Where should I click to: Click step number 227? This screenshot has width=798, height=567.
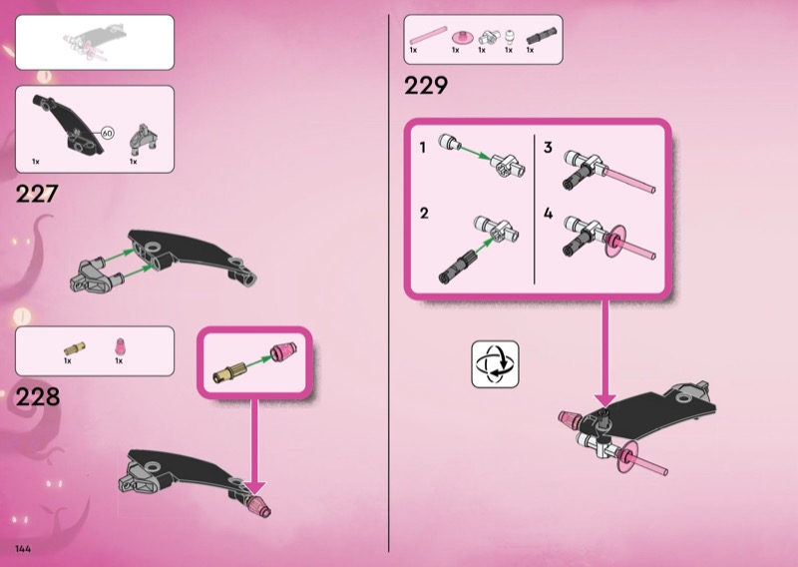(37, 194)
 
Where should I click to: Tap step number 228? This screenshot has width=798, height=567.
(38, 397)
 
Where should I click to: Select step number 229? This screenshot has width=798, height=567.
(426, 85)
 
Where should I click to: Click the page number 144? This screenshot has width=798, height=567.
(23, 549)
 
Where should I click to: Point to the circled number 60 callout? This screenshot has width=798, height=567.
(107, 134)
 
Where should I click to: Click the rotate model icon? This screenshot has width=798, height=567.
(495, 364)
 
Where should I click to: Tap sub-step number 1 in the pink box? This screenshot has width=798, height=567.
(422, 148)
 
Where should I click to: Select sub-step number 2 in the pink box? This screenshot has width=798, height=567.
(424, 213)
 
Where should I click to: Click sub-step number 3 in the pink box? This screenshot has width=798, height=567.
(548, 148)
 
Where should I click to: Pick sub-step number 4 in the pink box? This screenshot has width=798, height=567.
(548, 213)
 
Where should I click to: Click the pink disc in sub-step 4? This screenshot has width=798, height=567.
(615, 241)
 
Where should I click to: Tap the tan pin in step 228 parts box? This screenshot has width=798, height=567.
(74, 349)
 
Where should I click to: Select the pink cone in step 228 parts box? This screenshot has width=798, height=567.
(120, 346)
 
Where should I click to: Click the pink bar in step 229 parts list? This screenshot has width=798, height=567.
(429, 36)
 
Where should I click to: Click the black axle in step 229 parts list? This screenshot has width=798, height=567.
(542, 36)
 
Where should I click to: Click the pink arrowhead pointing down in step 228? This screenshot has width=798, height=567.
(255, 487)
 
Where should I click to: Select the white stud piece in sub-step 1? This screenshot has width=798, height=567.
(450, 142)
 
